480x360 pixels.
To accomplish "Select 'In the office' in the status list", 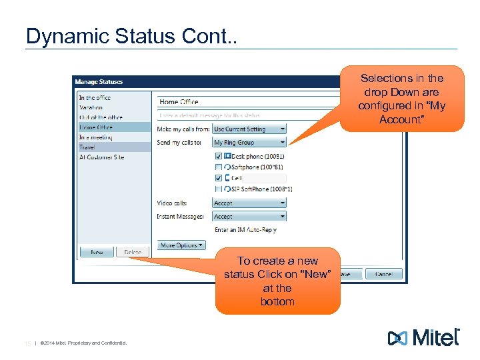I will (95, 97).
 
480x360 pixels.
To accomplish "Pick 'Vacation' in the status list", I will (91, 107).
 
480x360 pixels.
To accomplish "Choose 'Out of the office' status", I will (100, 117).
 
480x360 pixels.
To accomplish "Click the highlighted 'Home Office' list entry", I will (96, 127).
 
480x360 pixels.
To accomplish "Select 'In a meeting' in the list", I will (95, 137).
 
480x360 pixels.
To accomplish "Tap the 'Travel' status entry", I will (87, 147).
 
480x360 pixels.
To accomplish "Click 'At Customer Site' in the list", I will (101, 157).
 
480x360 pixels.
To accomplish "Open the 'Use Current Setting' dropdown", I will (249, 129).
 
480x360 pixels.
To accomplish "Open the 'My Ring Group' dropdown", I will (249, 142).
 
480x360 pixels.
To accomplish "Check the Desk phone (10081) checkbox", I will (219, 156).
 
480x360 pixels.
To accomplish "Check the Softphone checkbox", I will (219, 167).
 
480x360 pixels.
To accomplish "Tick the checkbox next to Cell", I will (219, 178).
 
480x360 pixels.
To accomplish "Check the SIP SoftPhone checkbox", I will (219, 189).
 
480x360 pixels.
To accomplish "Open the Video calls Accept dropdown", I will (249, 203).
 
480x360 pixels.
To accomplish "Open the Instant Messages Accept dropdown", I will (249, 216).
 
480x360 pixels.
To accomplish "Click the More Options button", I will (181, 245).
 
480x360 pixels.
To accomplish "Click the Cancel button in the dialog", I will (383, 274).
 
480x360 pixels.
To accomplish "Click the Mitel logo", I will (423, 337).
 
